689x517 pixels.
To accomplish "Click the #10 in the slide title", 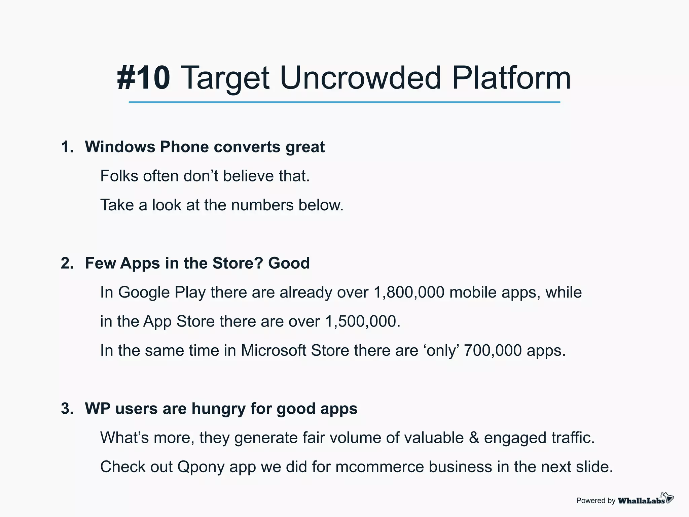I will (144, 78).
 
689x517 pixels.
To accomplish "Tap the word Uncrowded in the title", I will (360, 78).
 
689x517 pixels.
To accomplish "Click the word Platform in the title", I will (511, 78).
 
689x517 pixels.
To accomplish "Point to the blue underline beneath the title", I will (344, 102).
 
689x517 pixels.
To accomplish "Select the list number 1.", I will (67, 147).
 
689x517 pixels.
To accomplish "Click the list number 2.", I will (67, 263).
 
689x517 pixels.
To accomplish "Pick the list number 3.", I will (67, 409).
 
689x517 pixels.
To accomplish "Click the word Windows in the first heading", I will (120, 147).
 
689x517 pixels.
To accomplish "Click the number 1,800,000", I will (409, 292).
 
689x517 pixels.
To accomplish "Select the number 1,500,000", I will (362, 321).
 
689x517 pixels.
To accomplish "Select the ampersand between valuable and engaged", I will (474, 438).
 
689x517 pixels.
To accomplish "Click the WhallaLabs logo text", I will (641, 501).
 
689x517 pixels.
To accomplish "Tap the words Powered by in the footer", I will (595, 501).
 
